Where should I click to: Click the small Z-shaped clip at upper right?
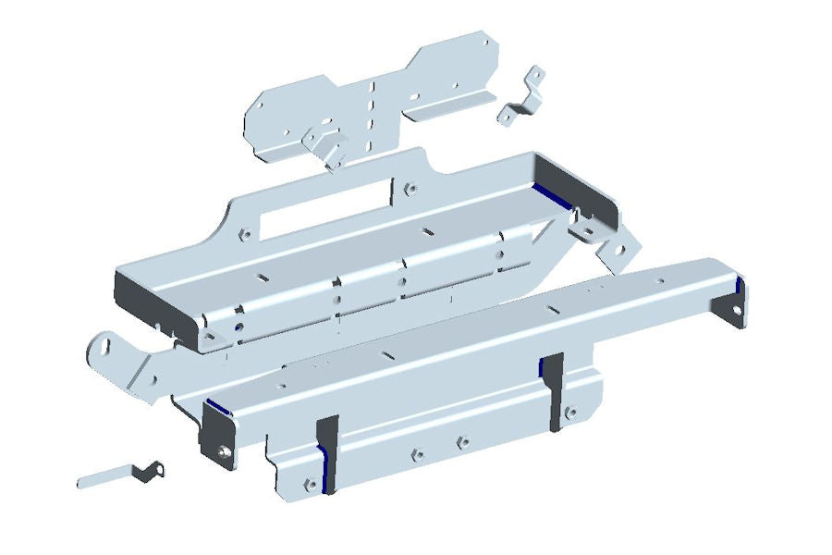coord(523,96)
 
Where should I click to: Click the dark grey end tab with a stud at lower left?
coord(221,440)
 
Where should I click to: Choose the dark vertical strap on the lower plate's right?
coord(553,388)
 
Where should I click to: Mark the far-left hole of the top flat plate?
coord(261,106)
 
